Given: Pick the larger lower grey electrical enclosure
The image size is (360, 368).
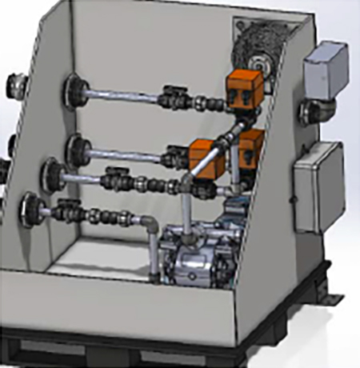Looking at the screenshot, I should pos(318,185).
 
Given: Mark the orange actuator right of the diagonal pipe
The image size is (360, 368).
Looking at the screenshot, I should pos(251,149).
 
